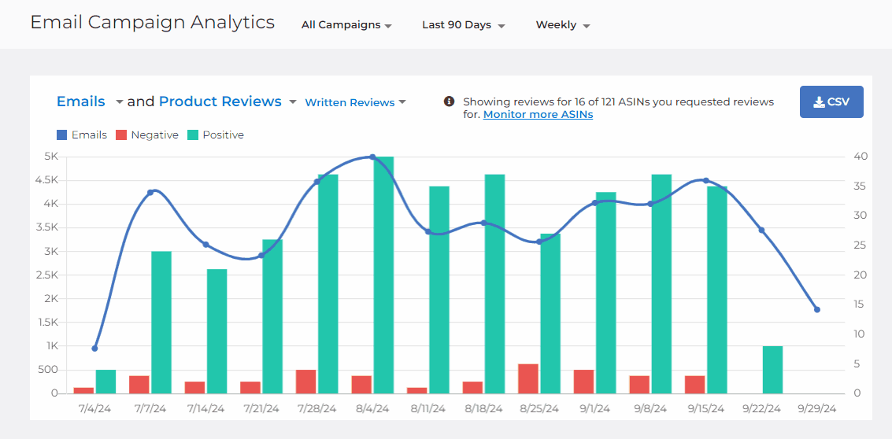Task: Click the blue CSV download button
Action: (x=831, y=102)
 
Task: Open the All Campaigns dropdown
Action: (x=346, y=25)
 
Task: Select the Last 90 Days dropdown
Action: (x=463, y=25)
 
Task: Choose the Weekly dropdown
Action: (x=562, y=25)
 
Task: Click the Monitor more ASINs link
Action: (x=538, y=115)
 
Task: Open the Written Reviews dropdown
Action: (x=355, y=102)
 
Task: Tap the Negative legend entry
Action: (x=147, y=135)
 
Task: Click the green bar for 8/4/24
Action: (x=383, y=275)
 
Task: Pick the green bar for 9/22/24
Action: (x=772, y=370)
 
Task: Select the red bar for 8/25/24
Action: (x=528, y=378)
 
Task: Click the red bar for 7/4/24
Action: (x=83, y=390)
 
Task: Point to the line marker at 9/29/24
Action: (x=816, y=309)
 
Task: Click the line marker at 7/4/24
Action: (x=94, y=348)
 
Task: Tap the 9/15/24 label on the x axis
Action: (x=706, y=409)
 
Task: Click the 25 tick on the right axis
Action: (x=861, y=245)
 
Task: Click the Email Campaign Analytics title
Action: (x=152, y=22)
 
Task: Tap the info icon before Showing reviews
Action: (x=449, y=101)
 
